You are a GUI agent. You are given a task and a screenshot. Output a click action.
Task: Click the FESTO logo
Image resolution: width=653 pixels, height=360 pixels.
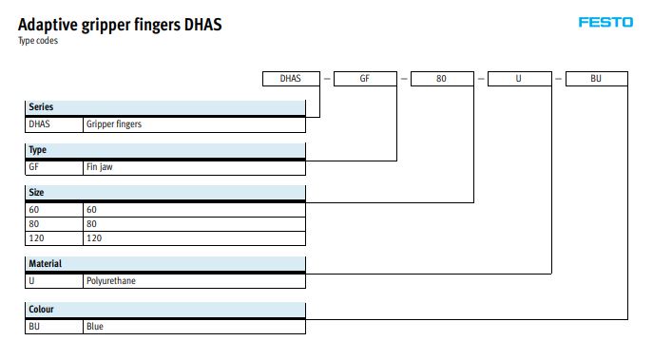coord(605,22)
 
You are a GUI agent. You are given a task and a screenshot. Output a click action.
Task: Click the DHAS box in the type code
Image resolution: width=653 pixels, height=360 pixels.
coord(291,79)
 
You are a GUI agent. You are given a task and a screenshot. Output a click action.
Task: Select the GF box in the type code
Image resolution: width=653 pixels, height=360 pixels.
coord(365,79)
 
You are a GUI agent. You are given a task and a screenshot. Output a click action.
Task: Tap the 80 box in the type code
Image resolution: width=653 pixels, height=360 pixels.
coord(442,79)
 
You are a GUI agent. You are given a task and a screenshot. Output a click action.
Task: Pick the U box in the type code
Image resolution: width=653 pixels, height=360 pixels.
coord(520,79)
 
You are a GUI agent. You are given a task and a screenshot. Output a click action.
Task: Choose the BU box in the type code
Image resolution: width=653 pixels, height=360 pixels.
coord(597,79)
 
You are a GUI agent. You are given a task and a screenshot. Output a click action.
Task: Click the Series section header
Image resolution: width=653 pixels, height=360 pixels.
coord(165,107)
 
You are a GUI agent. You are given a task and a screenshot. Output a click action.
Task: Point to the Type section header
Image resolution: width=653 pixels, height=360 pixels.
coord(165,150)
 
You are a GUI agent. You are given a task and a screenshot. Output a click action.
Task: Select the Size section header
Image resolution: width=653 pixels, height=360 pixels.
coord(165,193)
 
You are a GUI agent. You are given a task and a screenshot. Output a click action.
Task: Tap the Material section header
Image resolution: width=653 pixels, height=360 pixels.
coord(165,264)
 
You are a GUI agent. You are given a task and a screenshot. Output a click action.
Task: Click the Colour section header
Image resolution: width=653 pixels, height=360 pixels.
coord(165,310)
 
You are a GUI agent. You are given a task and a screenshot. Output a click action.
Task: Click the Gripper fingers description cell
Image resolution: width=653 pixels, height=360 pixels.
coord(195,124)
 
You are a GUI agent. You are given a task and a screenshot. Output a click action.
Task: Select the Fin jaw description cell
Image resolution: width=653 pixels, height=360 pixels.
coord(195,167)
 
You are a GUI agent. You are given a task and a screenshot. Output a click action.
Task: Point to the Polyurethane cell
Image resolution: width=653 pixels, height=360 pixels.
coord(195,281)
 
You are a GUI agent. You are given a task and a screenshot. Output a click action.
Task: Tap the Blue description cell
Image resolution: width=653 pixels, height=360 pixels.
coord(195,327)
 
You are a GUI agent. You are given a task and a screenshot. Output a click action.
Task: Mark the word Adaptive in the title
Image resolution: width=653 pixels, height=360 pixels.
coord(48,25)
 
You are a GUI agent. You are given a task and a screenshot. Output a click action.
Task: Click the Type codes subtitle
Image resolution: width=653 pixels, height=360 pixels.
coord(38,41)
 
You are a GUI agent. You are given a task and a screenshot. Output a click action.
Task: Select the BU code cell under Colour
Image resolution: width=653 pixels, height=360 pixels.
coord(54,327)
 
